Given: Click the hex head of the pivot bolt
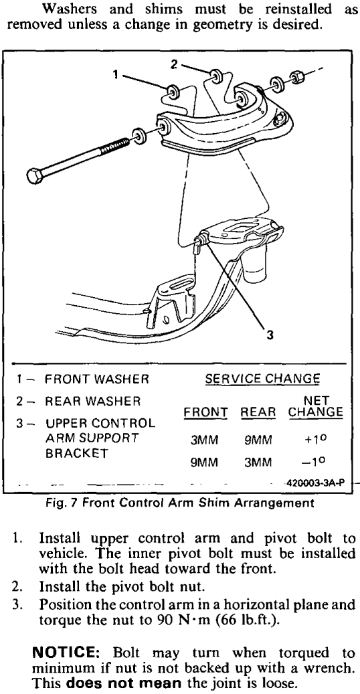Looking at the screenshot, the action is (x=35, y=176).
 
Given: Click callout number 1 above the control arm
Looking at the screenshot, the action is (x=116, y=75).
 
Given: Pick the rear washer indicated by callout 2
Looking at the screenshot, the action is (x=217, y=75).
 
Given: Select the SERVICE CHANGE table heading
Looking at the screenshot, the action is (x=262, y=379).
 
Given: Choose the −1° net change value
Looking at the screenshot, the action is (x=318, y=462).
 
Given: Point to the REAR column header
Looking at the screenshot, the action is (x=258, y=412).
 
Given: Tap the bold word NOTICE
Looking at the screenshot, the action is (x=69, y=653).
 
